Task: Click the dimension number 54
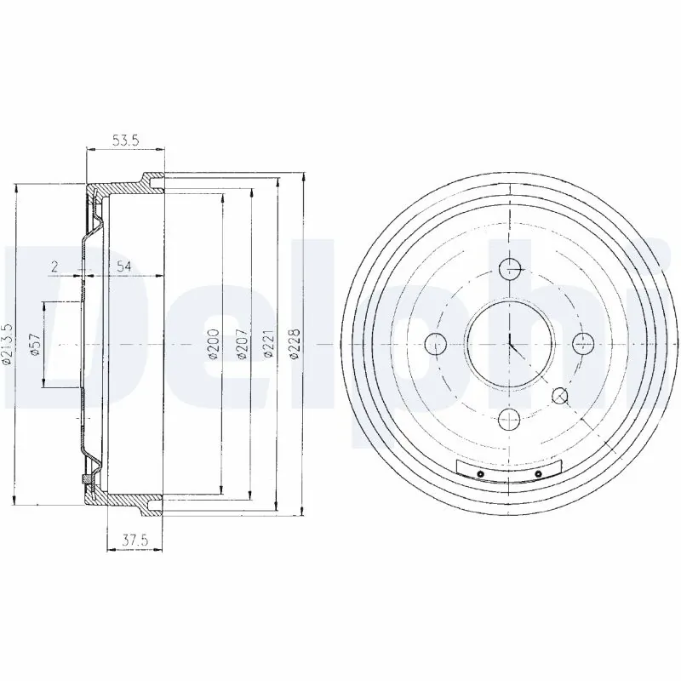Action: (x=123, y=267)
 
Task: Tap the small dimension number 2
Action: (x=54, y=267)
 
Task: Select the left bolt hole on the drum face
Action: (x=435, y=344)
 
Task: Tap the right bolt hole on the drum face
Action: (x=583, y=344)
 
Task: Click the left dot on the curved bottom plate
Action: (x=480, y=473)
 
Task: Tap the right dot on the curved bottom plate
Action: (x=538, y=473)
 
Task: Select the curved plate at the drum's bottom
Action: (x=509, y=472)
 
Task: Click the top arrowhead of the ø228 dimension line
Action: (x=305, y=176)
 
